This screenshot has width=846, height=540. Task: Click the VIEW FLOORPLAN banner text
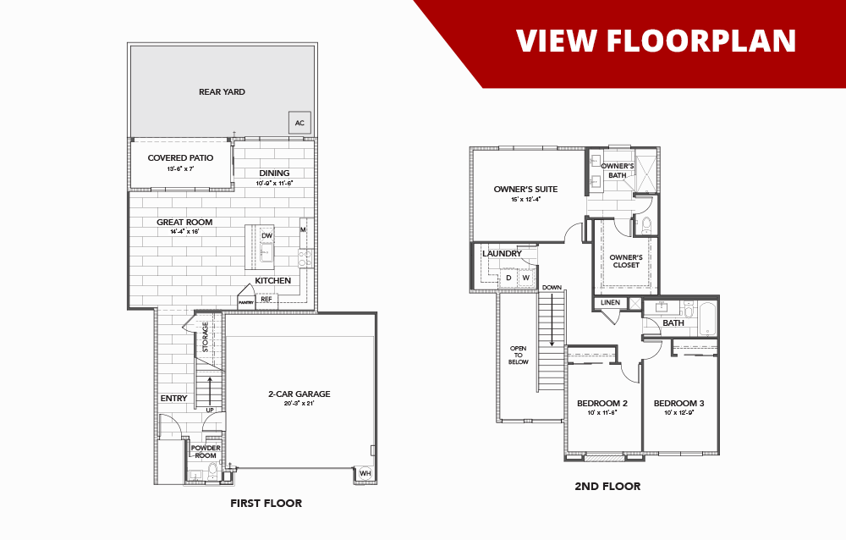[656, 40]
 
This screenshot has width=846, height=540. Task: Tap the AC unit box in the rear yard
[299, 123]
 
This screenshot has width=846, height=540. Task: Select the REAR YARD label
[222, 91]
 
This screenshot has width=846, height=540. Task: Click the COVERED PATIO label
[180, 157]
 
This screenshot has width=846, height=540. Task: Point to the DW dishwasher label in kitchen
[266, 235]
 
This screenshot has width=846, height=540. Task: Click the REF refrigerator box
[266, 299]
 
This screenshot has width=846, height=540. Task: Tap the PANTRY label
[245, 302]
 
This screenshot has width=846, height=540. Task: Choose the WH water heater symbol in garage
[365, 473]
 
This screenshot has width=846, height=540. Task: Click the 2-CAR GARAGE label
[299, 394]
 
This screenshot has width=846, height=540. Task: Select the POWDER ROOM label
[206, 451]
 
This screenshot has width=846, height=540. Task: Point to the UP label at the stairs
[210, 411]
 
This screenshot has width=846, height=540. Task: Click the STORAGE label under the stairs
[205, 337]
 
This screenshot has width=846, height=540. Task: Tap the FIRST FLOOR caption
[266, 503]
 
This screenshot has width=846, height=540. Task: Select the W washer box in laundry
[525, 278]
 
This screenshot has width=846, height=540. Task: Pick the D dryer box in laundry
[508, 278]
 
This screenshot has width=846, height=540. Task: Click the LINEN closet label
[611, 302]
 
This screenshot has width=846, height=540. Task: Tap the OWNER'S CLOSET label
[626, 261]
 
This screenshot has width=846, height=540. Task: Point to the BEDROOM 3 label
[678, 403]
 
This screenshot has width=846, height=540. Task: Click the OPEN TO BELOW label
[518, 355]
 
